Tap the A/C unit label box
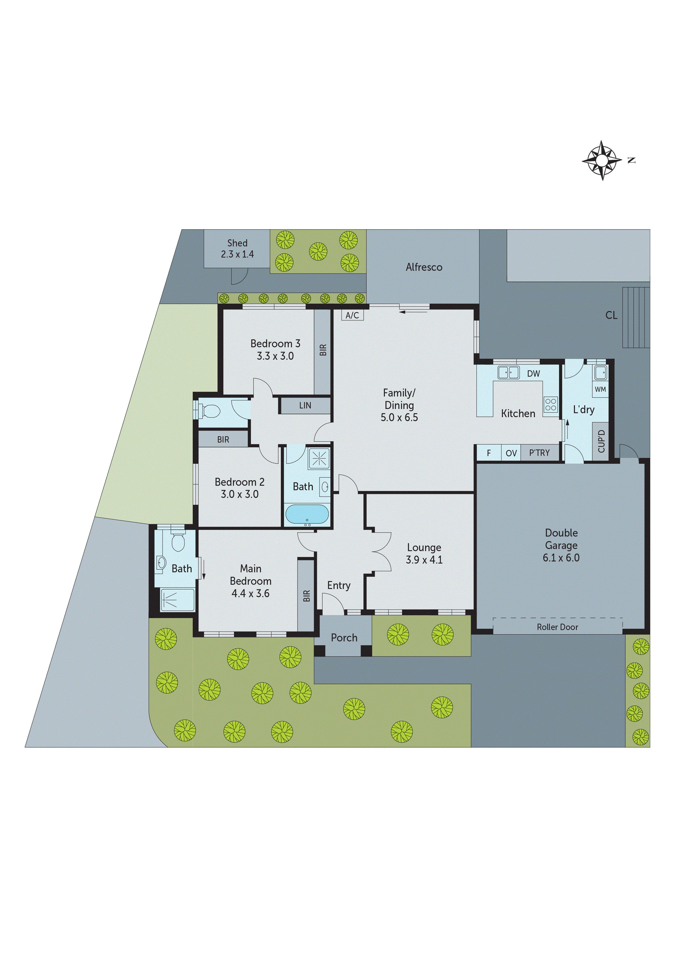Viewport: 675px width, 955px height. pos(352,315)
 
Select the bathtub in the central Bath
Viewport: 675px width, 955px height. pos(307,514)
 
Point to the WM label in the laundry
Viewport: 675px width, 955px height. pos(600,389)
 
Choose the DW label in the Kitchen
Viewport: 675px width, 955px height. pos(533,374)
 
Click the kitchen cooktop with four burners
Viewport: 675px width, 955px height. pos(550,404)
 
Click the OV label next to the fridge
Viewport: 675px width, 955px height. pos(511,453)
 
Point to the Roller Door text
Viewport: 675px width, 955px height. pos(557,627)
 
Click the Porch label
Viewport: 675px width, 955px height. pos(344,638)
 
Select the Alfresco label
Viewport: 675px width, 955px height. pos(424,267)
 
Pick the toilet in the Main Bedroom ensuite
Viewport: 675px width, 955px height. pos(178,541)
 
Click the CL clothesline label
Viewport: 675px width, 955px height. pos(611,315)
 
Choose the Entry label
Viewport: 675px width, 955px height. pos(339,585)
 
